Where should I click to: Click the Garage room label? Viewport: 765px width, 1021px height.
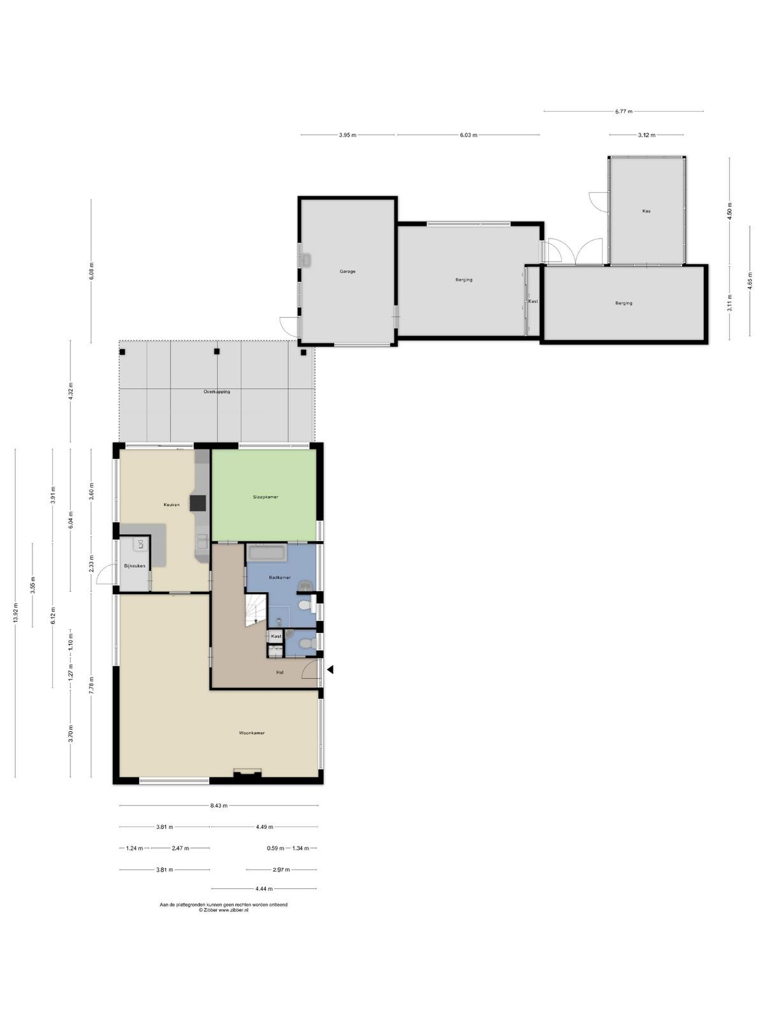347,271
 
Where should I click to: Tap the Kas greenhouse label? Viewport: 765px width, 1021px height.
646,211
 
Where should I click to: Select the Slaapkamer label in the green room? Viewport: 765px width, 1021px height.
266,496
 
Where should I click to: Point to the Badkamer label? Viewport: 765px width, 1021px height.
280,578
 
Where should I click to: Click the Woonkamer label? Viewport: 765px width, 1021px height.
252,733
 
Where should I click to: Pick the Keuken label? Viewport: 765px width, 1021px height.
171,505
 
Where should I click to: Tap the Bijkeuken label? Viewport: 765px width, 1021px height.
135,566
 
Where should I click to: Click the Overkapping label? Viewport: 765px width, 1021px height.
217,392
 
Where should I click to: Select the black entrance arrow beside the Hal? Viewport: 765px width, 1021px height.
330,669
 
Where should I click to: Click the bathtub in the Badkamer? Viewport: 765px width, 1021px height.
266,553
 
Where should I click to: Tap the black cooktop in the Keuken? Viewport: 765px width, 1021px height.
198,503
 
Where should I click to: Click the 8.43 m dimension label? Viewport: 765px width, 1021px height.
219,806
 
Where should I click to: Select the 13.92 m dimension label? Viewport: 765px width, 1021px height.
16,613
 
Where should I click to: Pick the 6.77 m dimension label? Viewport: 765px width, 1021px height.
624,112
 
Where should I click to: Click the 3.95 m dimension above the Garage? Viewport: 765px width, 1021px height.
347,135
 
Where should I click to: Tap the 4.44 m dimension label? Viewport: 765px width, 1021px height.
264,889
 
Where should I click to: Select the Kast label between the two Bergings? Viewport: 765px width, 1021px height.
533,301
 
